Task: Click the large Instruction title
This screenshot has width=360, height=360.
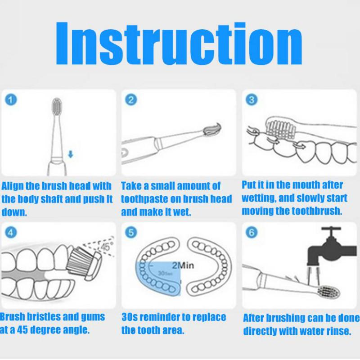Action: click(179, 43)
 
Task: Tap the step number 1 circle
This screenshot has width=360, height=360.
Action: click(11, 99)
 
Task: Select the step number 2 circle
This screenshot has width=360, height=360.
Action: click(131, 99)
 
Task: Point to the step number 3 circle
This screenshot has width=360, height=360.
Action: click(252, 99)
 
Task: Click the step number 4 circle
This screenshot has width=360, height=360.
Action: click(11, 232)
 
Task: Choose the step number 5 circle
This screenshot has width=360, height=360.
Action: click(131, 232)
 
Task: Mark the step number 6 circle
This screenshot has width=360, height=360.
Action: click(252, 232)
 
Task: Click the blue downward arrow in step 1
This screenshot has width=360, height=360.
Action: click(71, 154)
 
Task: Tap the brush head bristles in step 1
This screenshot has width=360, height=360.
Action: click(57, 105)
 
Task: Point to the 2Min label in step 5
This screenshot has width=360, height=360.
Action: click(183, 265)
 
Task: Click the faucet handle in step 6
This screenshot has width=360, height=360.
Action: click(331, 229)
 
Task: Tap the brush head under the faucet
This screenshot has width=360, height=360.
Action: click(328, 292)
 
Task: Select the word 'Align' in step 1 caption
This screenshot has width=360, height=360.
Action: click(13, 186)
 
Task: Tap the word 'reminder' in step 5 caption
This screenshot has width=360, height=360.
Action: click(160, 317)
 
